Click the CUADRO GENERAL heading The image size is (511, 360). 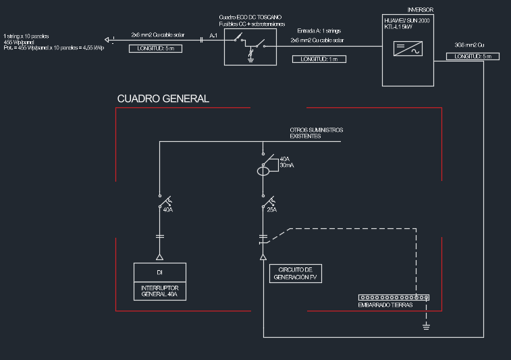(163, 99)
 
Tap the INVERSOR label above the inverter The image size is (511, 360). (421, 10)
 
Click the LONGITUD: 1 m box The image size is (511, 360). (319, 59)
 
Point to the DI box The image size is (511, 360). (160, 272)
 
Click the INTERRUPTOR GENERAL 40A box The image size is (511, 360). (160, 290)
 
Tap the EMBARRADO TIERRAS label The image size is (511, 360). (384, 305)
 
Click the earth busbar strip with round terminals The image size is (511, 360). (394, 297)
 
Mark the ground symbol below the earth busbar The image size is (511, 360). (426, 328)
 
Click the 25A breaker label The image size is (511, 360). (272, 209)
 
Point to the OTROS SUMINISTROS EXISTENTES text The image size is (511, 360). (317, 132)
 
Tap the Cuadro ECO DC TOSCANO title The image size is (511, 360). (250, 16)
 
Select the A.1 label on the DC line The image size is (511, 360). (213, 34)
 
